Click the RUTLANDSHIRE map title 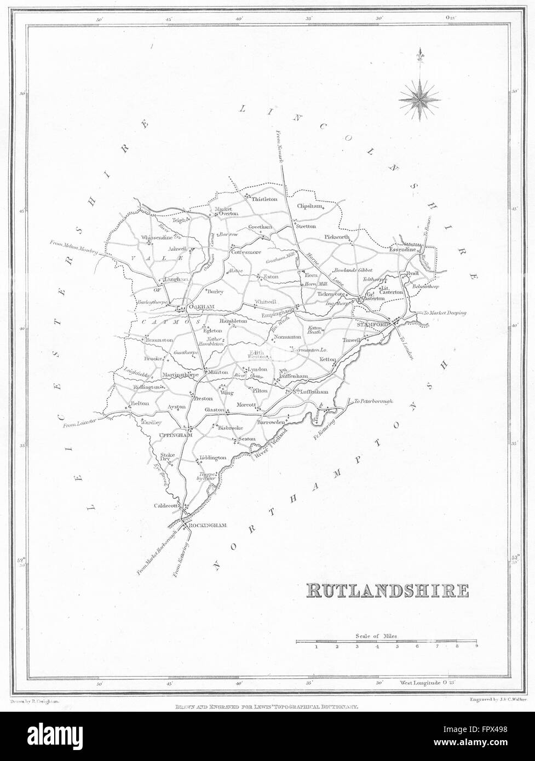[387, 590]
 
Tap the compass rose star [419, 99]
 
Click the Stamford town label [373, 325]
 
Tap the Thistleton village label [264, 200]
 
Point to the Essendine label [404, 249]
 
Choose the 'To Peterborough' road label [374, 401]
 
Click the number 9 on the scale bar [476, 647]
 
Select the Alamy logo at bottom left [49, 734]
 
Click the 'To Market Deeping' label [445, 313]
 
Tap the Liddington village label [213, 458]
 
